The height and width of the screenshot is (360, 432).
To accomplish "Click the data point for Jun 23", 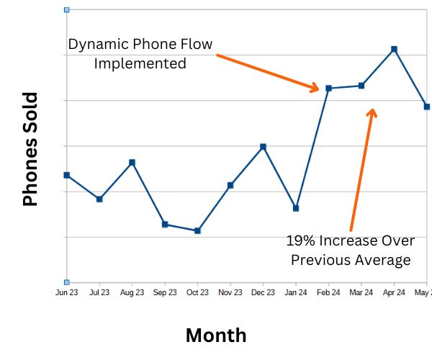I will pyautogui.click(x=67, y=175).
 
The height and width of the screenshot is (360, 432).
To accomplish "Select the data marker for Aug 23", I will pyautogui.click(x=132, y=163).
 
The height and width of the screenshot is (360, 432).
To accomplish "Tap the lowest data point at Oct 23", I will pyautogui.click(x=197, y=230).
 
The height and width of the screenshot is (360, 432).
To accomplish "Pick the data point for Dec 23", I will pyautogui.click(x=263, y=147).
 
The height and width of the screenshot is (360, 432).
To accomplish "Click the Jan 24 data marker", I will pyautogui.click(x=296, y=208).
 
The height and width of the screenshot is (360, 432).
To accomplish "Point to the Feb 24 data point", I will pyautogui.click(x=328, y=89).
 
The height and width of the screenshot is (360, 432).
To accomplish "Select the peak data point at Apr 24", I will pyautogui.click(x=394, y=49).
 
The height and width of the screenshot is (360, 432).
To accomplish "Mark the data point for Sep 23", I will pyautogui.click(x=165, y=225).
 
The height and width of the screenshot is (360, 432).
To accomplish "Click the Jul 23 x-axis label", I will pyautogui.click(x=99, y=293).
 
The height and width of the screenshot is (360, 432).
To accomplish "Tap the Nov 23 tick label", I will pyautogui.click(x=230, y=293).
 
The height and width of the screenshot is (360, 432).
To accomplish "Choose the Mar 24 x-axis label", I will pyautogui.click(x=361, y=293).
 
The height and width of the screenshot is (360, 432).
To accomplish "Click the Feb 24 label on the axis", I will pyautogui.click(x=328, y=293).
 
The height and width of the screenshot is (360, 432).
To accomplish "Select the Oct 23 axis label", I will pyautogui.click(x=197, y=293).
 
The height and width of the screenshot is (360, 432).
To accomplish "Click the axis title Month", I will pyautogui.click(x=216, y=335).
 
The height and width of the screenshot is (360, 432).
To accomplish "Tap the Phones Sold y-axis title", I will pyautogui.click(x=30, y=150).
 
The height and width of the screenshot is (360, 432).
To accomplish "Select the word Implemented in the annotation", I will pyautogui.click(x=140, y=63).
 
